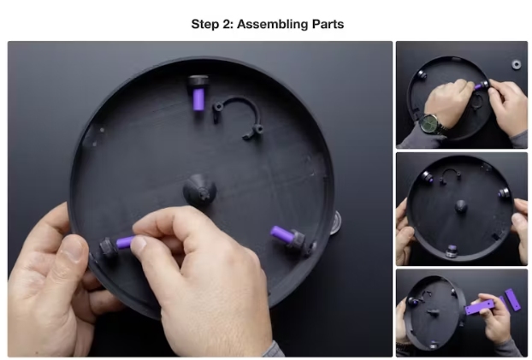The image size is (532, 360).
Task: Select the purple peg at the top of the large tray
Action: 198,99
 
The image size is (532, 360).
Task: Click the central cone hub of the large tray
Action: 199,191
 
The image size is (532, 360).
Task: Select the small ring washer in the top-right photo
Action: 517,64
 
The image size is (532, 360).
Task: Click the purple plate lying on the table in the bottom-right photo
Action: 512,299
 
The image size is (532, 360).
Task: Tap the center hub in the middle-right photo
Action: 460,206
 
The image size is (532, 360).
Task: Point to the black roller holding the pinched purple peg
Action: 109,247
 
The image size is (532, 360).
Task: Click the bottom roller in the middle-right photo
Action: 452,251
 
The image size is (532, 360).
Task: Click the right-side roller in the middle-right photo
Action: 505,194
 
